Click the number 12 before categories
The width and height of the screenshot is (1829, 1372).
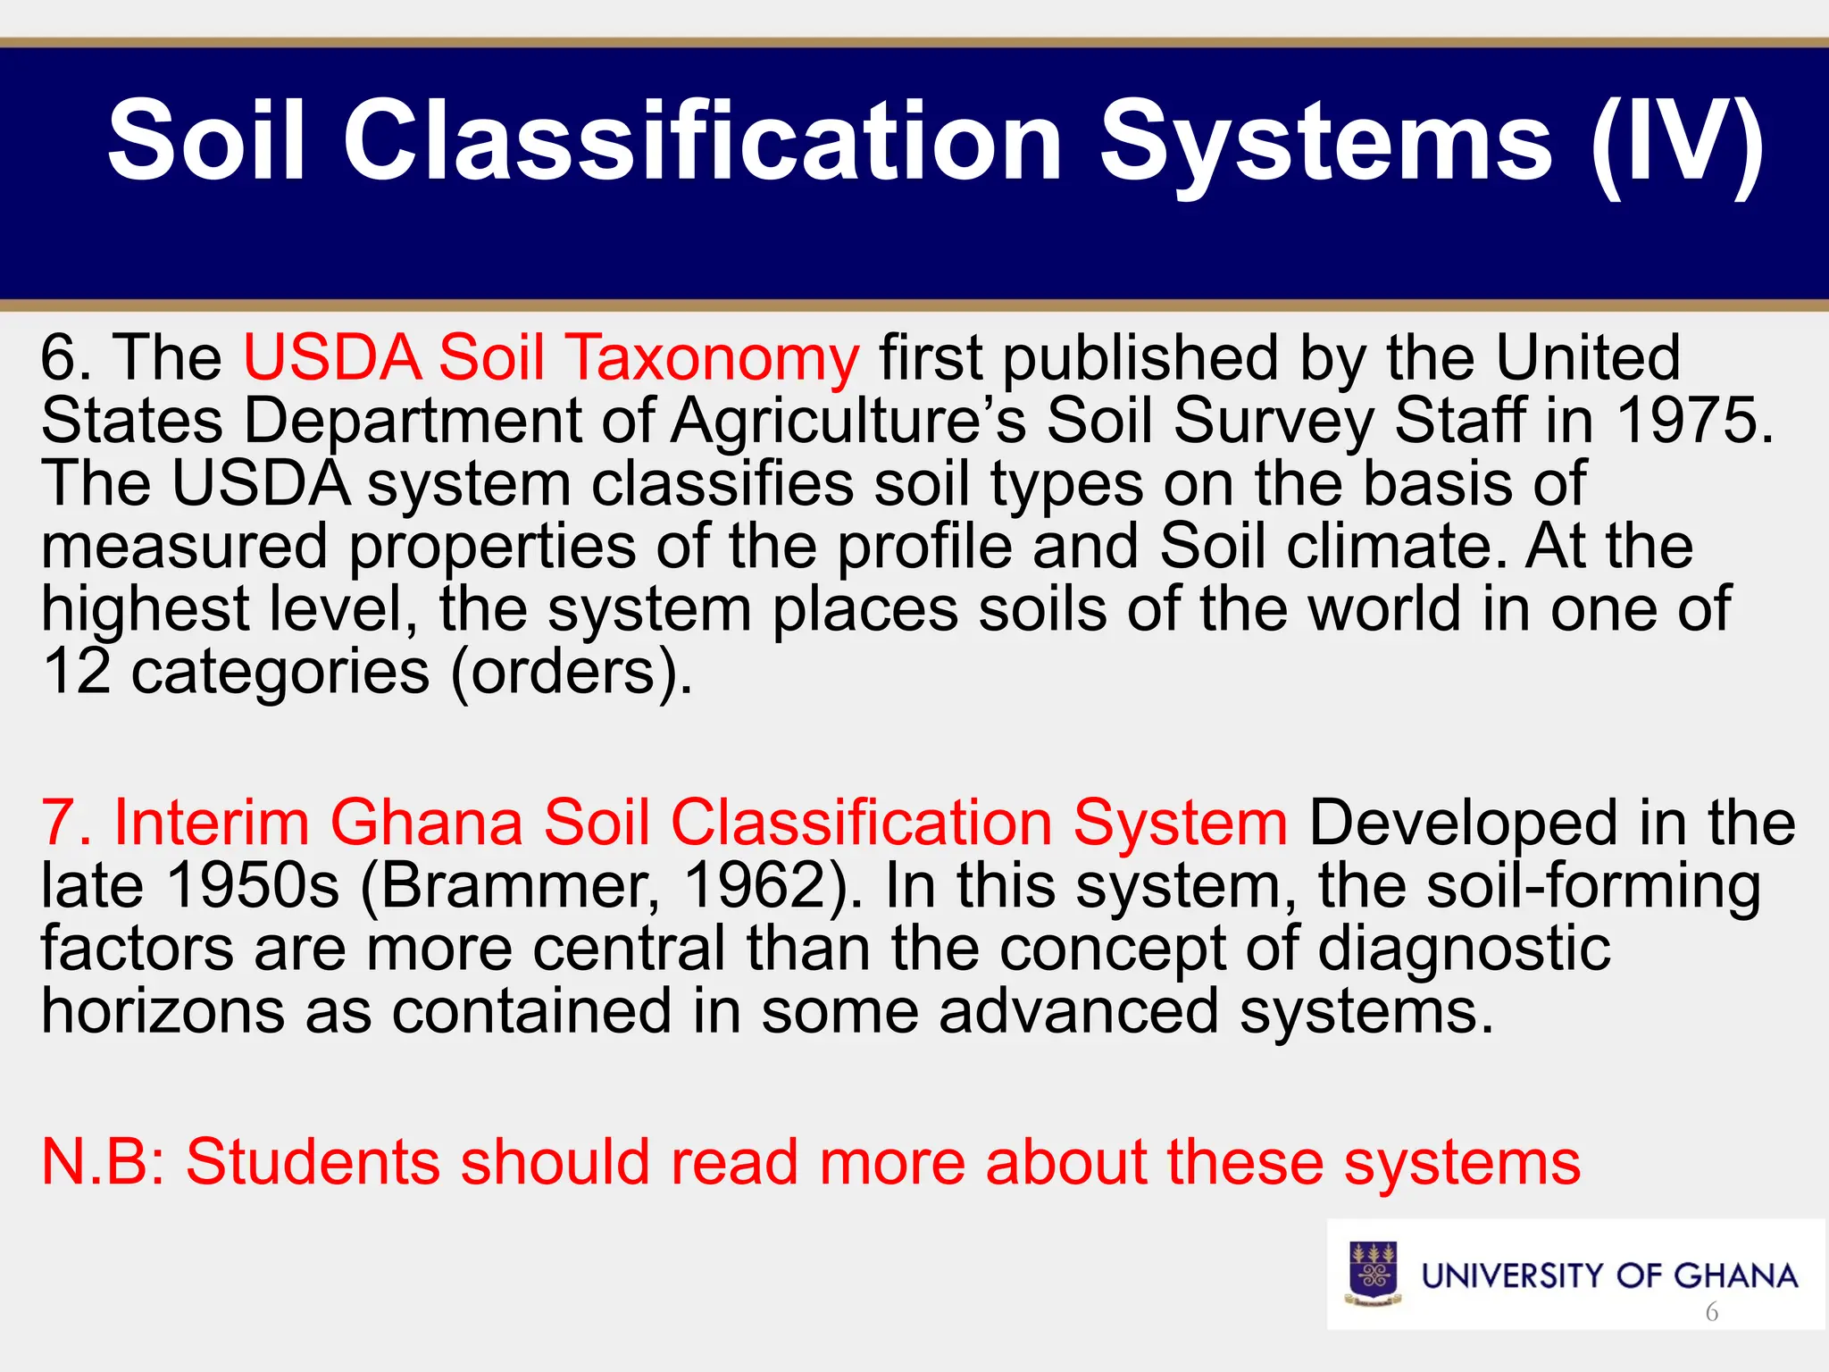pyautogui.click(x=77, y=672)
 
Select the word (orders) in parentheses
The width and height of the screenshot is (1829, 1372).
pyautogui.click(x=571, y=672)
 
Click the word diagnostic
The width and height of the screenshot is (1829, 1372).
pyautogui.click(x=1464, y=949)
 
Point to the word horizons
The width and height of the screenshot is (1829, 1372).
pyautogui.click(x=163, y=1011)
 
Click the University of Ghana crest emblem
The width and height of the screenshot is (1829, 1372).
pyautogui.click(x=1374, y=1274)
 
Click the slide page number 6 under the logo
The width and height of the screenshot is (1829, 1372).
pyautogui.click(x=1711, y=1312)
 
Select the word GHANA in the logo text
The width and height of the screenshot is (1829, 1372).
pyautogui.click(x=1735, y=1276)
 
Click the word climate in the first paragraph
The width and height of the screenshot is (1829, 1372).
pyautogui.click(x=1397, y=547)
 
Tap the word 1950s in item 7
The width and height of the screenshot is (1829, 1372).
pyautogui.click(x=253, y=885)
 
